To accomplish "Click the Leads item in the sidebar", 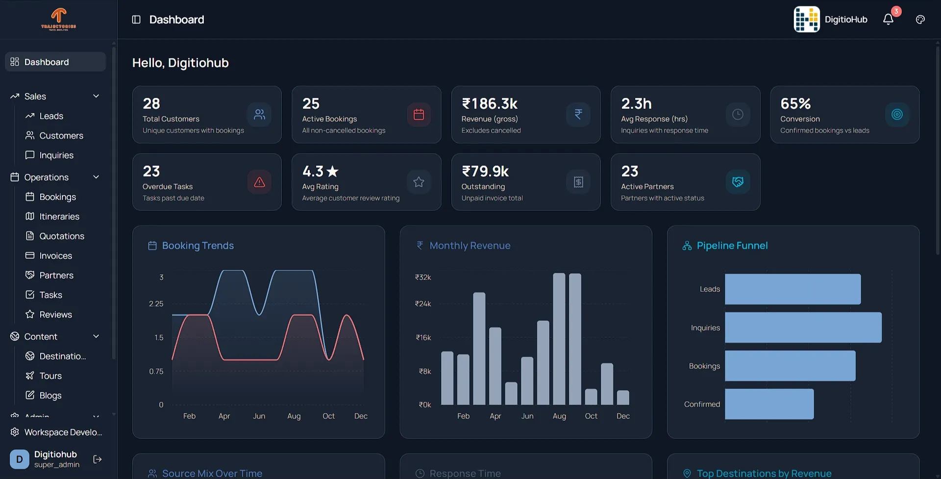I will click(51, 116).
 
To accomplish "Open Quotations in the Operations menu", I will click(61, 236).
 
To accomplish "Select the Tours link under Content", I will click(50, 376).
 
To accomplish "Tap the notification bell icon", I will click(888, 20).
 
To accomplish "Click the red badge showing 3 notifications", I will click(896, 11).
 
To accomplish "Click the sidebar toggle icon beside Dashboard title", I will click(136, 20).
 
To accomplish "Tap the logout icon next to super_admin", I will click(98, 459).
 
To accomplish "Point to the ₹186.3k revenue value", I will click(490, 104).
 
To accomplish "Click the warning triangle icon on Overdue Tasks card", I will click(259, 182).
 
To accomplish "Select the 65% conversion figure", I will click(795, 104).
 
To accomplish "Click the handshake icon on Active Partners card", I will click(738, 182).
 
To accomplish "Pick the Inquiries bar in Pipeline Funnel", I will click(803, 328).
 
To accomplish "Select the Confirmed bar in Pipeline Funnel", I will click(769, 404).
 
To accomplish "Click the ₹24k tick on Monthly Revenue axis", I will click(423, 304).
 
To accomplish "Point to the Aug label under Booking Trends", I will click(294, 416).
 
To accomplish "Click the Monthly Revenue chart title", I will click(470, 246).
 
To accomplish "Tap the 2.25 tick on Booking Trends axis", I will click(156, 304).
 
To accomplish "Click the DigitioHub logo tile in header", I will click(806, 20).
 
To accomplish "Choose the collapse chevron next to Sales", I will click(96, 97).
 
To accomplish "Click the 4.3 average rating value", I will click(313, 172).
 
